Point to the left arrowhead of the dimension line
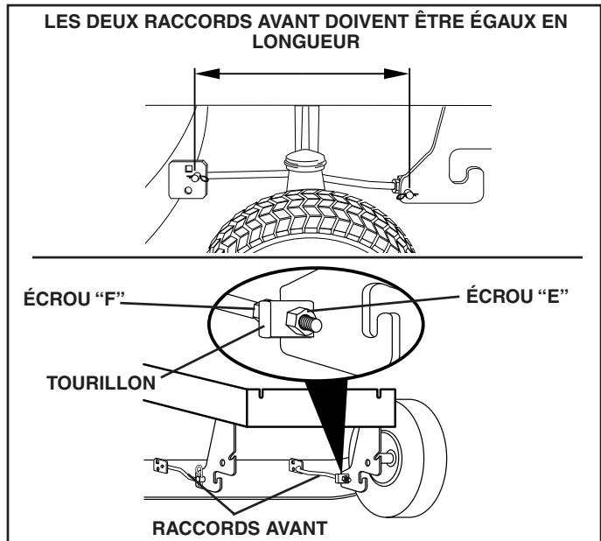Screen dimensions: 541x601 (200, 75)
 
